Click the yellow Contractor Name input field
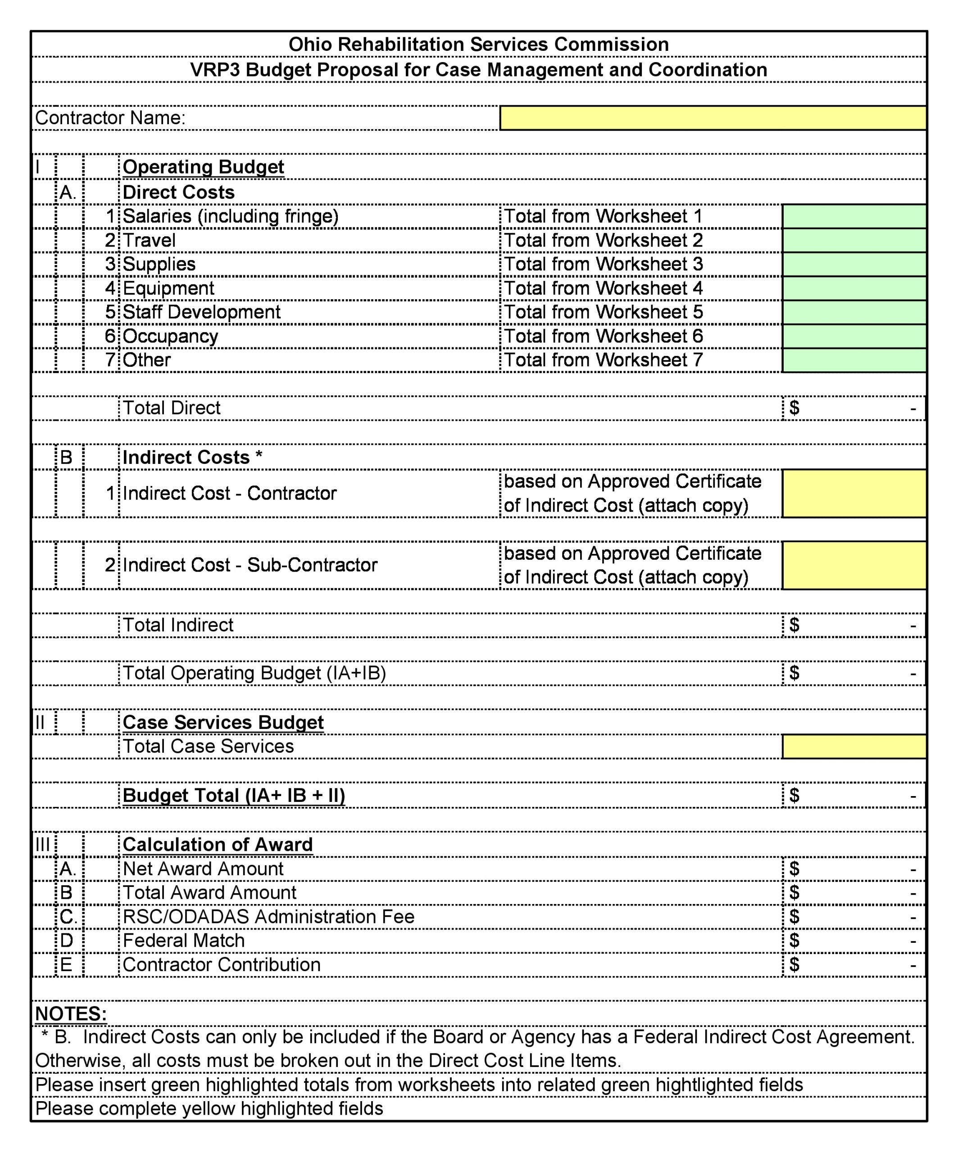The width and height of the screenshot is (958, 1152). click(713, 118)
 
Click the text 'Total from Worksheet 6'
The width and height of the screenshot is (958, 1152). click(603, 336)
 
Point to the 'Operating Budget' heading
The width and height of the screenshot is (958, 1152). click(203, 167)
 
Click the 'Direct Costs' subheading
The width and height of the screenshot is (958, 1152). click(178, 192)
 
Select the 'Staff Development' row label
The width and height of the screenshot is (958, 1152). click(201, 311)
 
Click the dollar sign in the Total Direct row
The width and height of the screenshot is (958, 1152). click(794, 408)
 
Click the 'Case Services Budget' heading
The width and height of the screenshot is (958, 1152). click(223, 722)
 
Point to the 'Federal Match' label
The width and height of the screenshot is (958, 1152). click(183, 940)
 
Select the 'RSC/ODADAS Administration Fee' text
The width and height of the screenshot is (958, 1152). click(268, 917)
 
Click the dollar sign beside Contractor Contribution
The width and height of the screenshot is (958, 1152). click(794, 964)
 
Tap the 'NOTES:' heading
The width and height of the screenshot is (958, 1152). click(71, 1013)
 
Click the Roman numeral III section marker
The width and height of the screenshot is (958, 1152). click(42, 844)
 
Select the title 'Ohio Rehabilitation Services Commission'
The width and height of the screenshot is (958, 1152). click(479, 45)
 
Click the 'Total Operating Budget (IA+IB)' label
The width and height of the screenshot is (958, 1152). click(254, 673)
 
